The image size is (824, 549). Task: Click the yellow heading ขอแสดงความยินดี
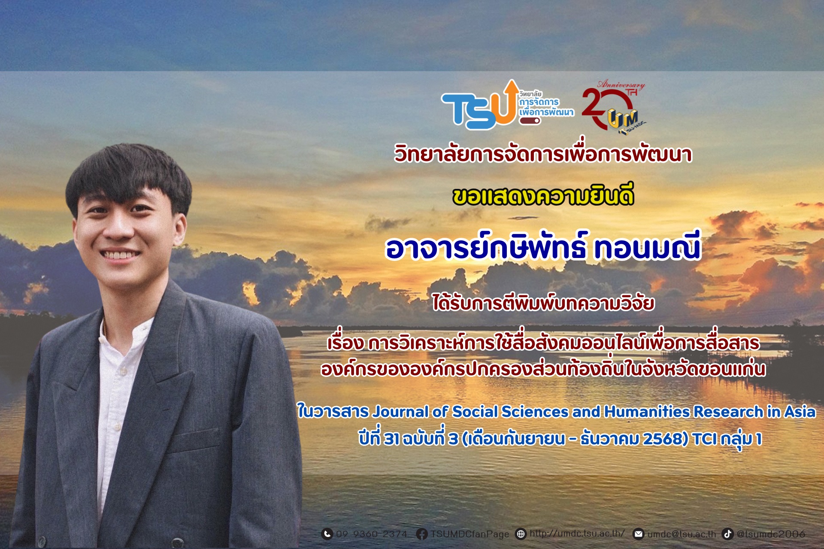543,197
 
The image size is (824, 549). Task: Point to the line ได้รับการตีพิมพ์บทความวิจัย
543,303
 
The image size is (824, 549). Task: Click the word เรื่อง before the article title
345,343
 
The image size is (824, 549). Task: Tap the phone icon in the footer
327,534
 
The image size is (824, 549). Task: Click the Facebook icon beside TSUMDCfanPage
422,534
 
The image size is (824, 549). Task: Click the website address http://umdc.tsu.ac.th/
577,533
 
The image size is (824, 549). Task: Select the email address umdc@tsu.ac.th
682,534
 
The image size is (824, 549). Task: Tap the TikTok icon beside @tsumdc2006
727,534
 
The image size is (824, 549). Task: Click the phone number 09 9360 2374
372,534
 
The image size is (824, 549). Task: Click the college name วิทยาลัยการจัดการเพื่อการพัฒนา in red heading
543,154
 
